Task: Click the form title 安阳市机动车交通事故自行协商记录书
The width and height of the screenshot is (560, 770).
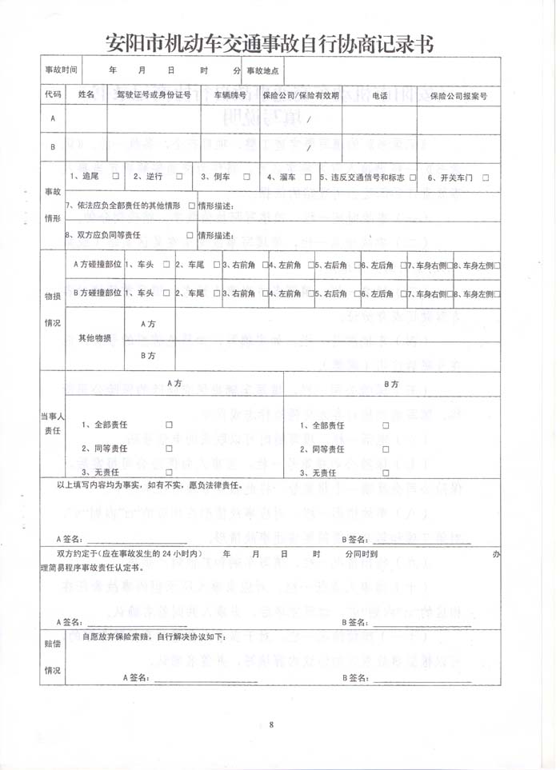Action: [x=270, y=43]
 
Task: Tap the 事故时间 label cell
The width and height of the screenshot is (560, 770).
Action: [x=61, y=70]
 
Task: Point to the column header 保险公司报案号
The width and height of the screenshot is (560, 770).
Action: [x=458, y=95]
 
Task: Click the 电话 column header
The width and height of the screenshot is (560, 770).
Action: [x=380, y=95]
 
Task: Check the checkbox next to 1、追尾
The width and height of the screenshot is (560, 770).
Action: [x=116, y=177]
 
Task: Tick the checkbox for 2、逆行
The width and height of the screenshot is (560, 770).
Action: [x=179, y=177]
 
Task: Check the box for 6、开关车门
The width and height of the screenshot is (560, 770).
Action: [x=486, y=177]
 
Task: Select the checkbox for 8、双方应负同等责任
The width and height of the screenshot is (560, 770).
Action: [x=190, y=236]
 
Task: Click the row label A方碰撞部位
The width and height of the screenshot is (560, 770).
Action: [x=96, y=264]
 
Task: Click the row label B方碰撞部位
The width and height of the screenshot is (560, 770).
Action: [x=96, y=293]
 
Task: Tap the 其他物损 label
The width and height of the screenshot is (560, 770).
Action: [x=94, y=338]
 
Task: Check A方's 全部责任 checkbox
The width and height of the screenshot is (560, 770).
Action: [x=169, y=425]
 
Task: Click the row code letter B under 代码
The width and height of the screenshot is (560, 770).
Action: [x=53, y=147]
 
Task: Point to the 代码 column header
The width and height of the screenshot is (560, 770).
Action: [x=53, y=95]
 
